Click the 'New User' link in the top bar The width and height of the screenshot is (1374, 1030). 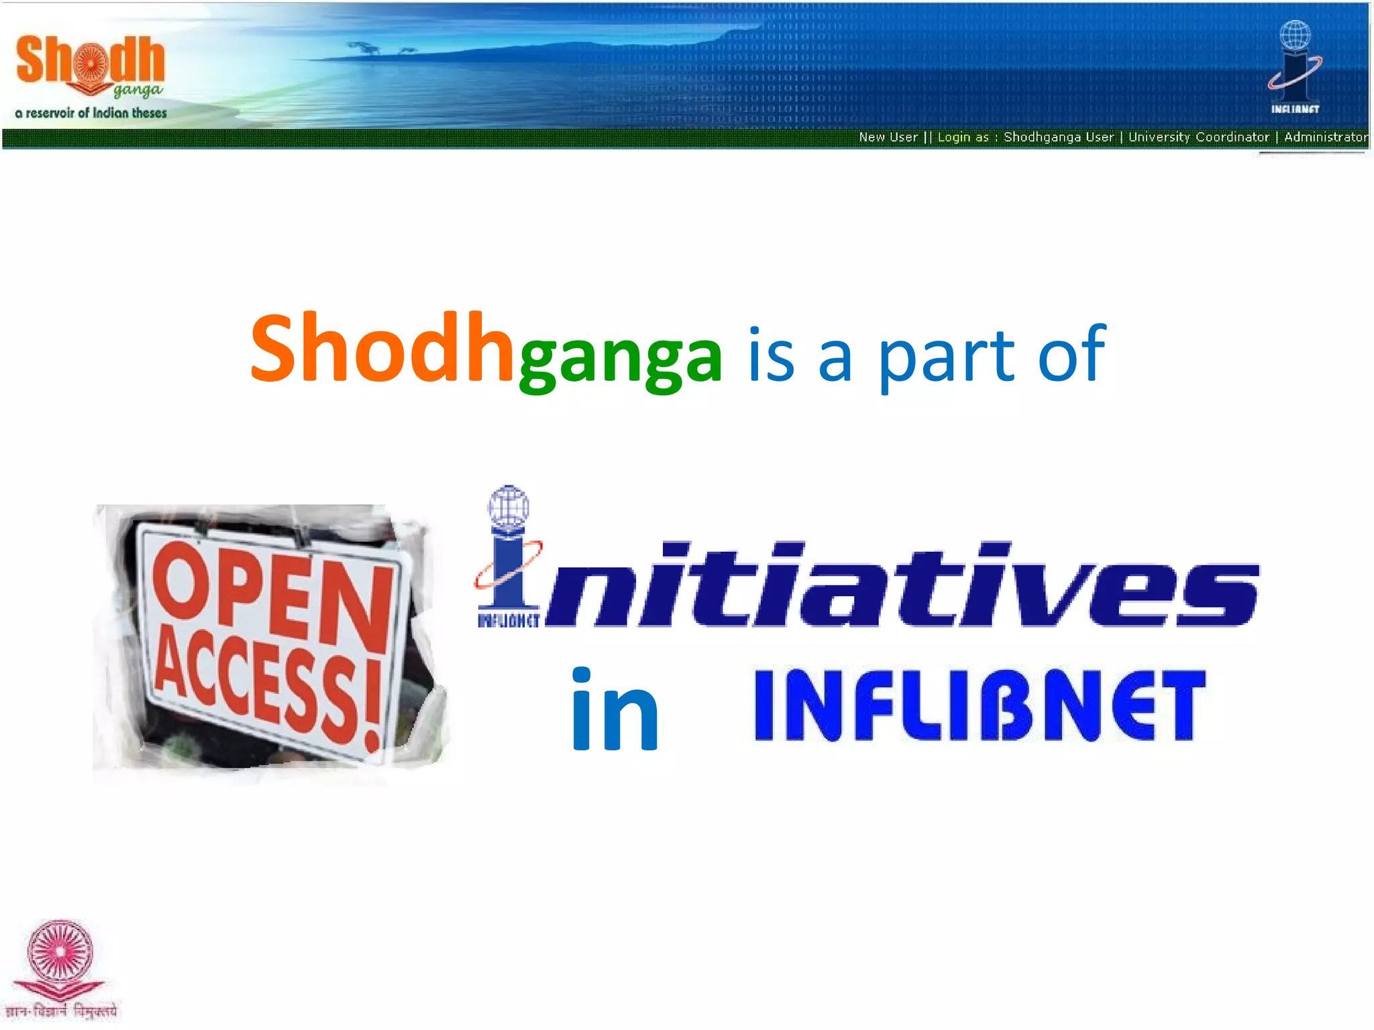(888, 137)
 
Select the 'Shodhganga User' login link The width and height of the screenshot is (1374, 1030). (1059, 137)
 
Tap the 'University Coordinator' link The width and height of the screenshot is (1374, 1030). (1198, 137)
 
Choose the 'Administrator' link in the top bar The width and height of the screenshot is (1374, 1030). (1325, 137)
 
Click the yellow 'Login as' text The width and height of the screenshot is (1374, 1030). (963, 137)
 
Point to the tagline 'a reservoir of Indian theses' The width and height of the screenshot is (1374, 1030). (91, 113)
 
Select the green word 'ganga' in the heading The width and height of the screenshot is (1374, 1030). (621, 359)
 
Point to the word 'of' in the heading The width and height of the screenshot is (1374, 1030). (1071, 353)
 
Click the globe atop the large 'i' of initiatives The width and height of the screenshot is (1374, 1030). (509, 507)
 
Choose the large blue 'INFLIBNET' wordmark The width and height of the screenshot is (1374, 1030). (980, 705)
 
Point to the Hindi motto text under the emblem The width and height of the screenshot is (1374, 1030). (61, 1011)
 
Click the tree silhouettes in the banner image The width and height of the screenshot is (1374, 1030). (379, 49)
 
